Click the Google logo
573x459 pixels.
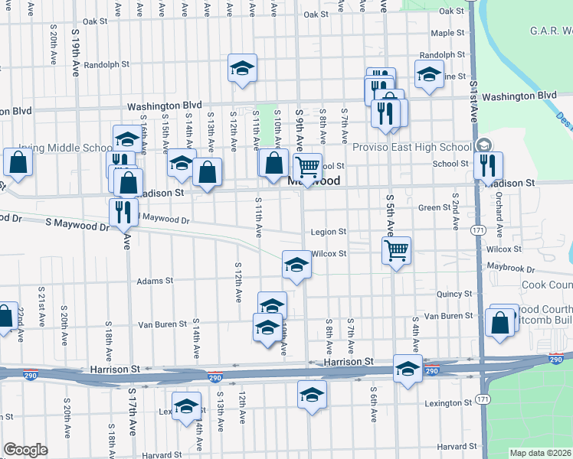click(x=25, y=450)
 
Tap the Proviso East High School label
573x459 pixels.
click(x=418, y=147)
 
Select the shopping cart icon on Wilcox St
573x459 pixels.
click(x=396, y=250)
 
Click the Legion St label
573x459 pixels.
click(x=329, y=232)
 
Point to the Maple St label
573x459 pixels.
click(x=447, y=34)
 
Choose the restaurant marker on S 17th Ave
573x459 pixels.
click(x=123, y=212)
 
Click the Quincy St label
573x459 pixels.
click(x=454, y=294)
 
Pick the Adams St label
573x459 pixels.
click(x=155, y=281)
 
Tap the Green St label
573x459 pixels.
click(x=434, y=207)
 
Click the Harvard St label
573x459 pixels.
click(x=457, y=447)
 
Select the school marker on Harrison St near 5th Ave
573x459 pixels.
click(x=408, y=368)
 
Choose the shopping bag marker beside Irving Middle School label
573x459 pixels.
click(x=18, y=163)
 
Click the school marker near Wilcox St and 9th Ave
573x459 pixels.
click(x=297, y=265)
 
